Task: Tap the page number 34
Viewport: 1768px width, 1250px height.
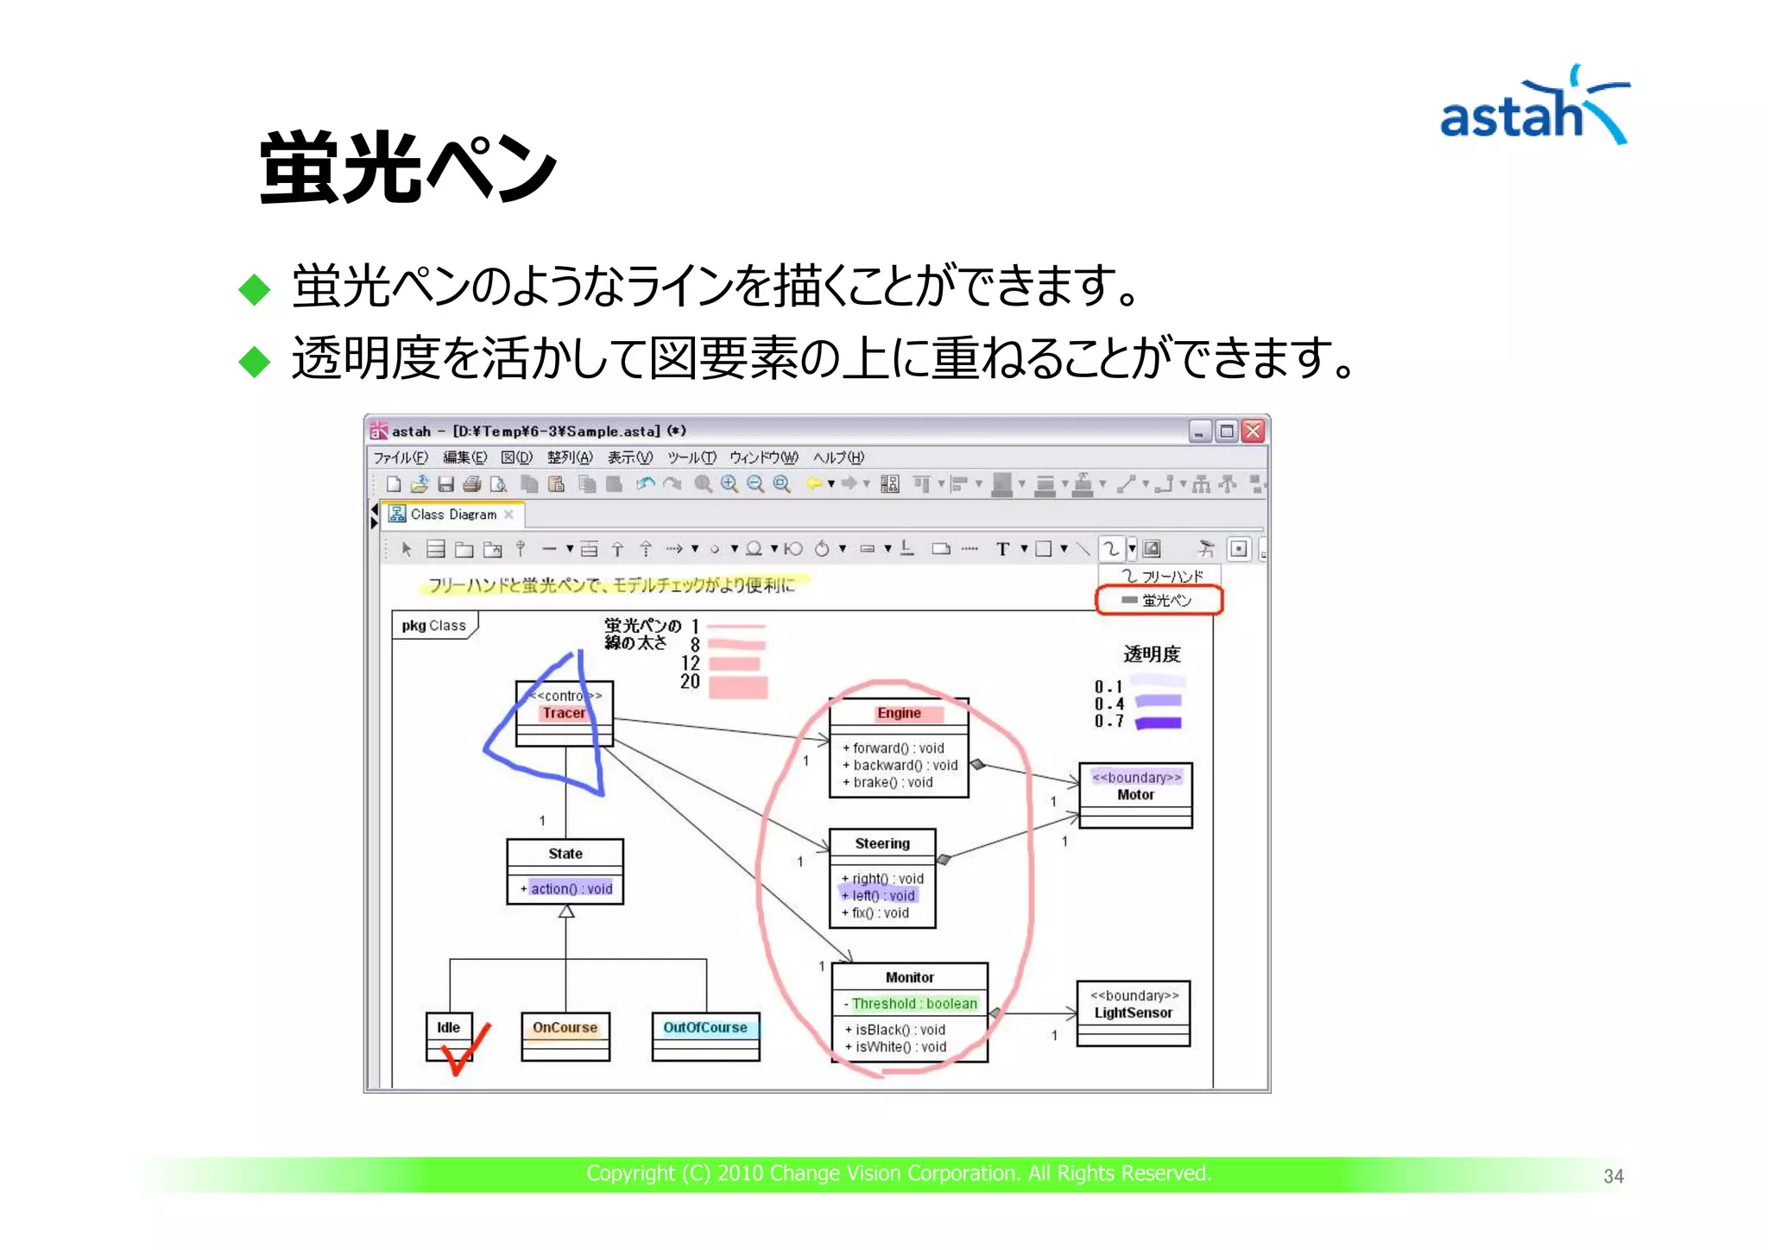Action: click(1613, 1176)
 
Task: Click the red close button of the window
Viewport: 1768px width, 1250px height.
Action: click(1253, 431)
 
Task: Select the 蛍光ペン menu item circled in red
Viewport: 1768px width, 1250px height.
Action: click(1159, 600)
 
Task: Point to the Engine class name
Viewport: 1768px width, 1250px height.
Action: click(899, 713)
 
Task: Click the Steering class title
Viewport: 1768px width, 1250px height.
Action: click(881, 843)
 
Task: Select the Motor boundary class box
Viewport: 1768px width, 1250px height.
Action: click(1135, 794)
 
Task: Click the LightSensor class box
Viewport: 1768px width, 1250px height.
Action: click(1133, 1013)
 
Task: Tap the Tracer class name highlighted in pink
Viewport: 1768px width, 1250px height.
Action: click(564, 713)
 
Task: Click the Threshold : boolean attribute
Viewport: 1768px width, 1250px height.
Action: click(913, 1003)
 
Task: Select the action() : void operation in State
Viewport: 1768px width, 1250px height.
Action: click(571, 888)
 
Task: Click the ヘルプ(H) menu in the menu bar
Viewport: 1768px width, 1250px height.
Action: click(837, 458)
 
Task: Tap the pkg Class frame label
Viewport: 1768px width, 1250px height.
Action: click(433, 625)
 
